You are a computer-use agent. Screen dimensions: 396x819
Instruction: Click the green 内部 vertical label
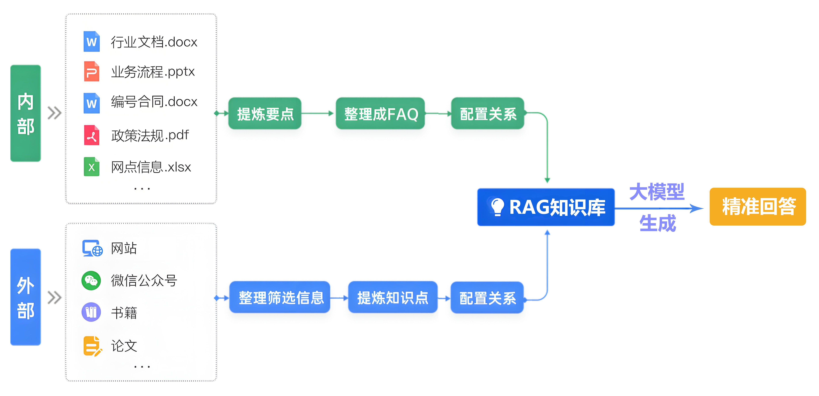(x=25, y=113)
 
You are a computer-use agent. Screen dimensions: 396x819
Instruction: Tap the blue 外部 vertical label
(x=25, y=297)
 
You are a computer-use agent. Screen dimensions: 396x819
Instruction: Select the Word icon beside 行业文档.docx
(x=91, y=41)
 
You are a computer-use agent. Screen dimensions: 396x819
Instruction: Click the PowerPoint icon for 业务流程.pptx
(x=91, y=71)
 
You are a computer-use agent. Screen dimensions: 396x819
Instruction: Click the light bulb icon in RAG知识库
(x=497, y=207)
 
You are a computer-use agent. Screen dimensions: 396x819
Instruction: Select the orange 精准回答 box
(x=758, y=207)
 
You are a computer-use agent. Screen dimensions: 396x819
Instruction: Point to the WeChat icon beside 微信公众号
(x=91, y=280)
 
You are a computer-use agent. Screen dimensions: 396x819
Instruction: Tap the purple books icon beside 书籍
(x=91, y=312)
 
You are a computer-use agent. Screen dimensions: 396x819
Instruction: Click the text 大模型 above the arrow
(x=657, y=192)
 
